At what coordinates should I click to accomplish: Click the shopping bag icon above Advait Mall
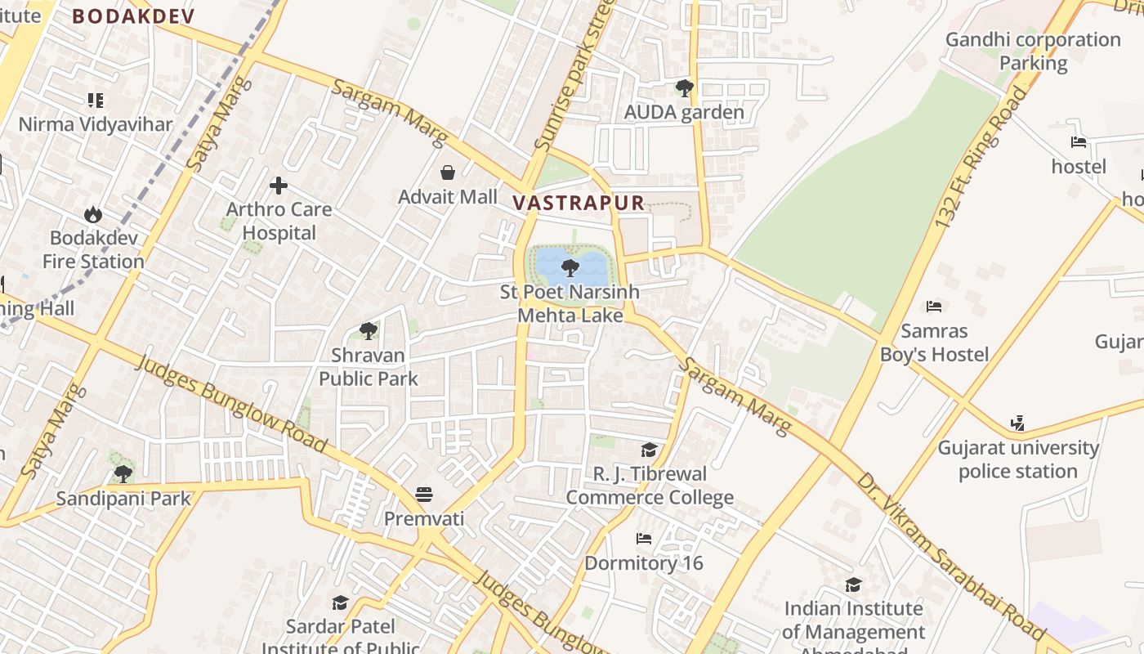(x=448, y=172)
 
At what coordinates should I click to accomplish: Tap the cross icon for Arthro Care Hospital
(x=279, y=186)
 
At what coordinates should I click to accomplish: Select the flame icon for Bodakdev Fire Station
(x=93, y=214)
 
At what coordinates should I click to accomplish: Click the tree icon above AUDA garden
(x=684, y=87)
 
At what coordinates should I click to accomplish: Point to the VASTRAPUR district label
(x=579, y=203)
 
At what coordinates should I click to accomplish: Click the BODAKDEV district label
(x=133, y=16)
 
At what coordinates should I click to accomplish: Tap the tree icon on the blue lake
(x=570, y=267)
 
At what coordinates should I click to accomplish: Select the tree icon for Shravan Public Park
(x=369, y=331)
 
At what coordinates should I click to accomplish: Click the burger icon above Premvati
(x=423, y=495)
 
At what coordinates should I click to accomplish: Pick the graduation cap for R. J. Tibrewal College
(x=649, y=450)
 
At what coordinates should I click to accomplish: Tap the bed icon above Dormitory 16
(x=644, y=539)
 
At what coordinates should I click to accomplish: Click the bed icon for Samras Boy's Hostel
(x=934, y=307)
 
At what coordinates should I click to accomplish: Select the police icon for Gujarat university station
(x=1017, y=423)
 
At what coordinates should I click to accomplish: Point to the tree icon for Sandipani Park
(x=123, y=473)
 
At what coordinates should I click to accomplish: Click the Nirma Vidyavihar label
(x=96, y=124)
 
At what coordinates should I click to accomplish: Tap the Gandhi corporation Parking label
(x=1033, y=51)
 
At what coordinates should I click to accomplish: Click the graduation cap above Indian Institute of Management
(x=853, y=585)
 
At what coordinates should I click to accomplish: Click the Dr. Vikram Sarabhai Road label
(x=950, y=557)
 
